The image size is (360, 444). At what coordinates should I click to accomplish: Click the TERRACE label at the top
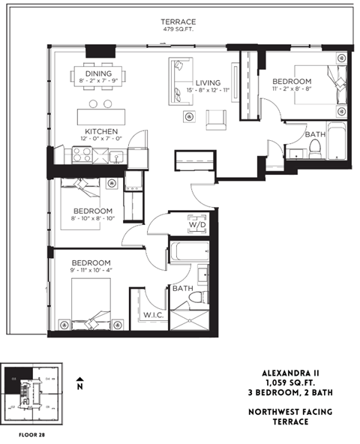[x=178, y=22]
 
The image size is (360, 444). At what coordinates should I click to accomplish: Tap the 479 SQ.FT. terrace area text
[x=178, y=31]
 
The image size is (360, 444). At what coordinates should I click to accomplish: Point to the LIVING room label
[x=208, y=82]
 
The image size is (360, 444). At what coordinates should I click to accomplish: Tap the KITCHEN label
[x=100, y=130]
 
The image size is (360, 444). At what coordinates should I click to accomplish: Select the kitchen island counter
[x=103, y=116]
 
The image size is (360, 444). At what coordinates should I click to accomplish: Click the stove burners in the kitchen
[x=80, y=155]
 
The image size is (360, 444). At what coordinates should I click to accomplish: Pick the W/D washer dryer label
[x=198, y=223]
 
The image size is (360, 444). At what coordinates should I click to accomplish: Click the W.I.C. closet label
[x=153, y=315]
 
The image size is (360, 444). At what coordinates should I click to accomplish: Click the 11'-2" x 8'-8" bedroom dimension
[x=291, y=88]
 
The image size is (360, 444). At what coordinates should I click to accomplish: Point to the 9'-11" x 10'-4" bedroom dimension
[x=91, y=268]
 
